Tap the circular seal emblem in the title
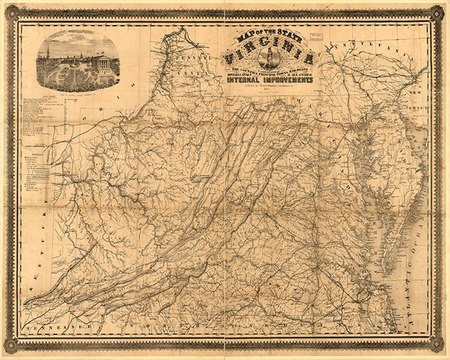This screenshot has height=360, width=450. click(x=269, y=58)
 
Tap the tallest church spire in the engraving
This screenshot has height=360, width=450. click(x=48, y=52)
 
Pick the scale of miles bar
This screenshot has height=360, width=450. click(x=35, y=146)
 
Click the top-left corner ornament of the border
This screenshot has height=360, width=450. click(x=11, y=12)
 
